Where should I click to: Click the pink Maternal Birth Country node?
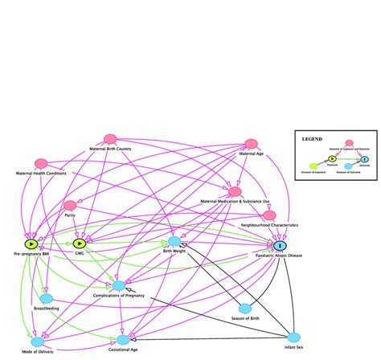110,140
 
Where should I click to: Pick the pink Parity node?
70,206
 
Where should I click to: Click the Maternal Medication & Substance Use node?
234,192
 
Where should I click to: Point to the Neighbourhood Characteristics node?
269,215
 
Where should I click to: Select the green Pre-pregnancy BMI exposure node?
31,243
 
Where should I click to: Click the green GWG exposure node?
80,243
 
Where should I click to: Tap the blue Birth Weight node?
174,241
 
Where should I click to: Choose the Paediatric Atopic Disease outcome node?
279,245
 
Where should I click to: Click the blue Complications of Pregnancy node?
119,285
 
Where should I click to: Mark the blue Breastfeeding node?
46,298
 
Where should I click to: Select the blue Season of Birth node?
246,309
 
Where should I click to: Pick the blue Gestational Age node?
122,340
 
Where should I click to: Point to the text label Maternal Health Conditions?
41,174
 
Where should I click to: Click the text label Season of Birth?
246,319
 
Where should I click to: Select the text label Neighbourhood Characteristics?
270,226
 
